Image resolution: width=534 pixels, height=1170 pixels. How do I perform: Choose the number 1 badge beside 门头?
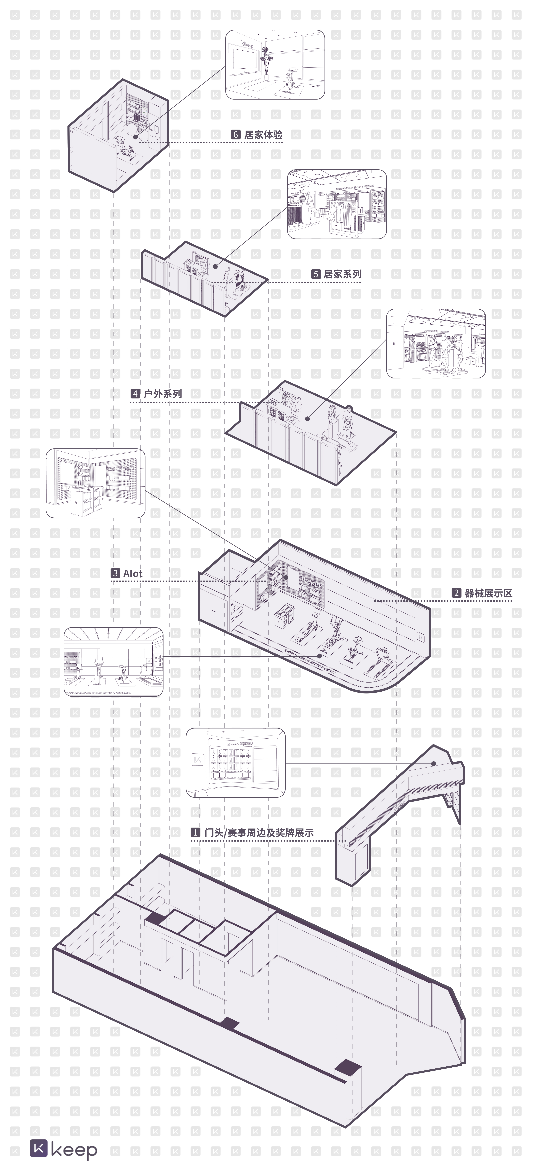195,832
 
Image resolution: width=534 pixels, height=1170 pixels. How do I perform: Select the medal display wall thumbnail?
235,763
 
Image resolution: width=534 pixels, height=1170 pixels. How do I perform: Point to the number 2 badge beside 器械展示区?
456,593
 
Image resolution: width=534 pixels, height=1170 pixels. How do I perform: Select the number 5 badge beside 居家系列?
315,274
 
